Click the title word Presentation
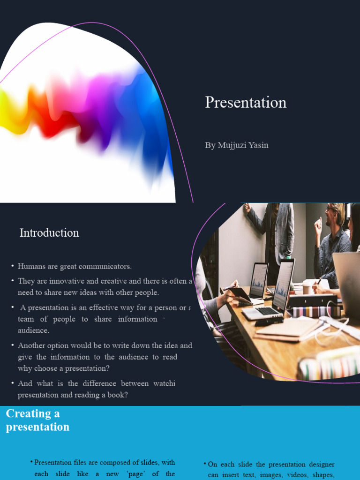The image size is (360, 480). point(246,103)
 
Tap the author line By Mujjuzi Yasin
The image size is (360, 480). point(237,145)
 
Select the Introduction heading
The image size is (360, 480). point(49,233)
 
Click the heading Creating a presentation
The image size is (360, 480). point(37,420)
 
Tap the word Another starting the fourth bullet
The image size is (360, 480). point(31,345)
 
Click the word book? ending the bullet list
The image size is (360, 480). point(117,395)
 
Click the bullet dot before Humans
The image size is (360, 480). point(13,266)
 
